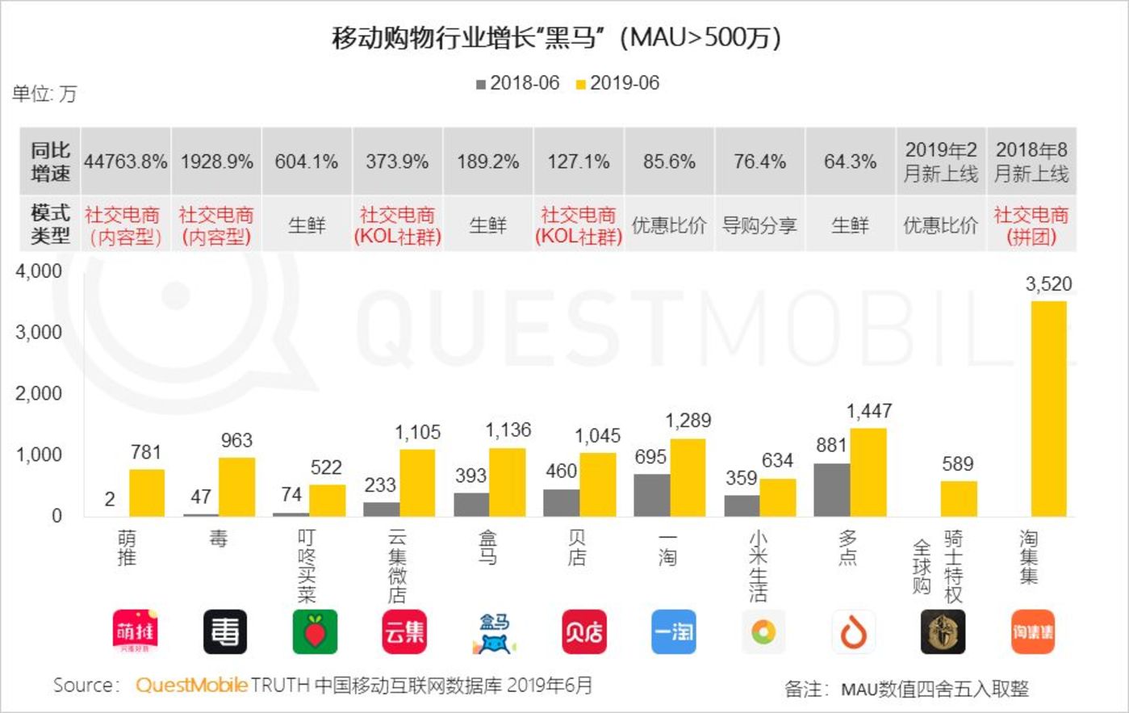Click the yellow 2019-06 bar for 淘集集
[1048, 409]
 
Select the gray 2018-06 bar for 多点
[831, 489]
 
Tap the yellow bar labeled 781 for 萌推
[147, 493]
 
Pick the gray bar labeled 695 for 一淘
[651, 495]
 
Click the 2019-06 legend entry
[617, 83]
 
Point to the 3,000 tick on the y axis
[39, 332]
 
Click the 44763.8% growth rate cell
[125, 161]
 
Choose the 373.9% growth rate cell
[397, 161]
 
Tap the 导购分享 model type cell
[759, 225]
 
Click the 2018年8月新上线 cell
[1031, 161]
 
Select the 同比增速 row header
[50, 161]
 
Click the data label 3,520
[1048, 284]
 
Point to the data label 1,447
[868, 411]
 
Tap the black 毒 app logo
[224, 631]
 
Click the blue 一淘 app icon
[673, 631]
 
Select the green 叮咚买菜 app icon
[315, 631]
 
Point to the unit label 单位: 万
[44, 94]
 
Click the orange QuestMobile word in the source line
[191, 686]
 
